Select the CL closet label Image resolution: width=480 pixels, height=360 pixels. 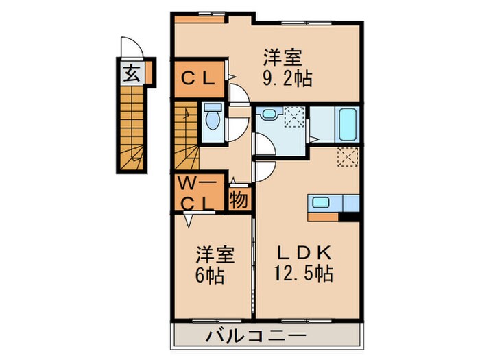(x=198, y=78)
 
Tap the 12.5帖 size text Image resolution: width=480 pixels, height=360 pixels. (x=306, y=274)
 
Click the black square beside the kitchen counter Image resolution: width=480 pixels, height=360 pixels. (x=351, y=217)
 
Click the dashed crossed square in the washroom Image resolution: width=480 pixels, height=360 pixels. (x=294, y=117)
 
